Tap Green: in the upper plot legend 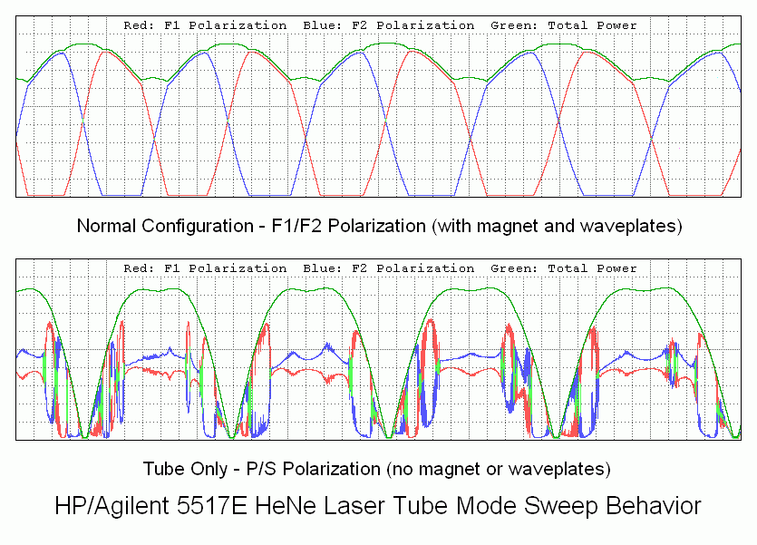coord(514,25)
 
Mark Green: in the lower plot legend coord(514,268)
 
